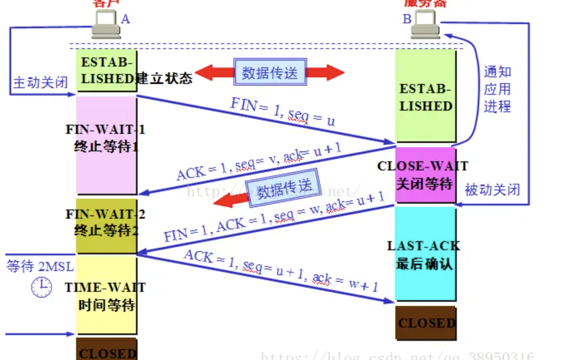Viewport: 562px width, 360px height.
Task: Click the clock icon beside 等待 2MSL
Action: click(x=42, y=288)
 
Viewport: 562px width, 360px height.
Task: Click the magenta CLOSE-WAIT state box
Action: click(x=425, y=175)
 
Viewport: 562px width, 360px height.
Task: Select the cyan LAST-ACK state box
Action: click(x=425, y=254)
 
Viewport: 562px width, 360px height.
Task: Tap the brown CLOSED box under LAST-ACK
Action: click(x=425, y=323)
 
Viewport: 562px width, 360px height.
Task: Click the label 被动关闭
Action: click(x=492, y=190)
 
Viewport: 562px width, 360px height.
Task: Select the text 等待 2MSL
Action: click(x=40, y=266)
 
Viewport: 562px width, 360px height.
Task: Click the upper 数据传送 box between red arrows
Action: click(x=270, y=73)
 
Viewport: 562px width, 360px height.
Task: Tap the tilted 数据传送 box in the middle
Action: click(x=283, y=188)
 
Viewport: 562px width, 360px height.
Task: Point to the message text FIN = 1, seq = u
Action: click(x=283, y=112)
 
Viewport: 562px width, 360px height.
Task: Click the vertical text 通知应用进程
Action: click(x=497, y=89)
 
